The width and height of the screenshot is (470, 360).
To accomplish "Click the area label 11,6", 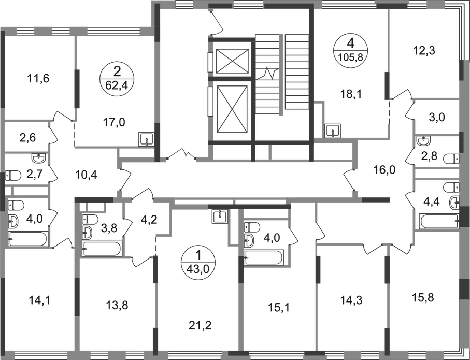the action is click(x=38, y=79).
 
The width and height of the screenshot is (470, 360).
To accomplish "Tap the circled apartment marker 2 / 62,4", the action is click(x=117, y=79).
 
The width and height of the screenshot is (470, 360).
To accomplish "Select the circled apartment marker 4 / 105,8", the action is click(x=351, y=50).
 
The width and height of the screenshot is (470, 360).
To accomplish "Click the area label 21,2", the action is click(x=200, y=325).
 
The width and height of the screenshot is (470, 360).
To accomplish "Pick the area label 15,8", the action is click(x=423, y=298).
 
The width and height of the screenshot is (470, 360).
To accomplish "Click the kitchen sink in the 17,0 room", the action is click(x=146, y=139).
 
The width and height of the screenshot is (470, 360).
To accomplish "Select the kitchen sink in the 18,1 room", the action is click(x=333, y=131).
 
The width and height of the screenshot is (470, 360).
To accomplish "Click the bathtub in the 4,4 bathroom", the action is click(x=439, y=222).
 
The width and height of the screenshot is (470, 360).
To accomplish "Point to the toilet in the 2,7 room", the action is click(x=13, y=176).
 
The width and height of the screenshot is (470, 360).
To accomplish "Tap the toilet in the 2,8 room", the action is click(x=451, y=159).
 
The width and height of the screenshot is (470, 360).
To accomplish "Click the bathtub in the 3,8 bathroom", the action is click(x=102, y=249).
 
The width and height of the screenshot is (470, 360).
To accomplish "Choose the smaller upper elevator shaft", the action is click(x=232, y=61).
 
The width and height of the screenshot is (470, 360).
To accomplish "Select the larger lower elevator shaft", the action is click(x=232, y=109).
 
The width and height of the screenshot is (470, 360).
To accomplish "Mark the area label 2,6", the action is click(x=28, y=138).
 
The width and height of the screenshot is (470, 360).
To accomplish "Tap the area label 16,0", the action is click(x=384, y=170).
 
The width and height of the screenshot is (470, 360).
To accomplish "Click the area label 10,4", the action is click(x=86, y=174).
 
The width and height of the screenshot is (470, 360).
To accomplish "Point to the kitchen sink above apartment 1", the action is click(x=220, y=216).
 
